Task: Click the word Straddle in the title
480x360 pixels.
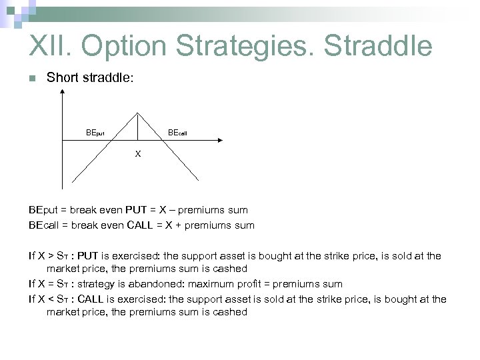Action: (378, 46)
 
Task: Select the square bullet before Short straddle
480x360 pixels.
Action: (31, 79)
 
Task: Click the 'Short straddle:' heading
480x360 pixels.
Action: (90, 78)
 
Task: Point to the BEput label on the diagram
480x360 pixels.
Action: (95, 132)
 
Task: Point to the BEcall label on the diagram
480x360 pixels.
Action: (177, 132)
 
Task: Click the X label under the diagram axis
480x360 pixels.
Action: (138, 153)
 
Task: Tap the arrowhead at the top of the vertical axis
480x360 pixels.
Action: (62, 93)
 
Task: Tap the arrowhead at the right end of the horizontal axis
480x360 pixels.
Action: (217, 140)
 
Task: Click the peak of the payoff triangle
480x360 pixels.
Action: (138, 112)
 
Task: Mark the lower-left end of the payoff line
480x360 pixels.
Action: (73, 181)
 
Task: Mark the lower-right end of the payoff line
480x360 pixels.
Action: (199, 180)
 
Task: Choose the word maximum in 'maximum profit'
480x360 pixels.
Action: (215, 284)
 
